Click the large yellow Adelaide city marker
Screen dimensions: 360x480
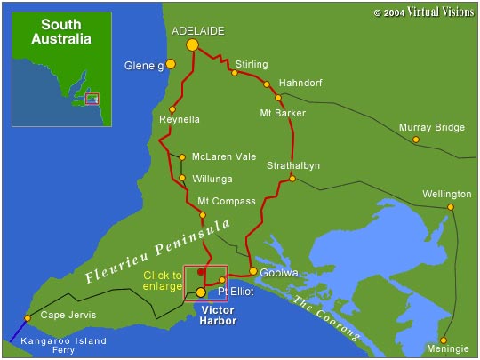191,44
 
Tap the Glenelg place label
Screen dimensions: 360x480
146,65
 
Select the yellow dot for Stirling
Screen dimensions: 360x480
235,73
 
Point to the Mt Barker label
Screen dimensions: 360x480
283,113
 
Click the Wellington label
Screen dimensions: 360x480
447,194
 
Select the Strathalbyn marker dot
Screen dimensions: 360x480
292,179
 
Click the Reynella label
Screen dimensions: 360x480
180,119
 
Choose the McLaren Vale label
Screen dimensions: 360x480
224,156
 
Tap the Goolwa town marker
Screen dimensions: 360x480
253,271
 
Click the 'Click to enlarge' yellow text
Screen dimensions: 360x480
163,281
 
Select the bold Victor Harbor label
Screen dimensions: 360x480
219,316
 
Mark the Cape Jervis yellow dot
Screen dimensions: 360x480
28,317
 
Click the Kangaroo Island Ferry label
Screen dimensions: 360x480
65,345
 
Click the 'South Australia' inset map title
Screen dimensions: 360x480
60,32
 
